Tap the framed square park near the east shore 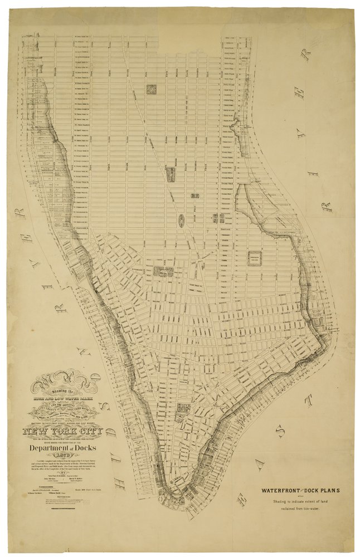(x=255, y=257)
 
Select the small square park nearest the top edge (x=151, y=89)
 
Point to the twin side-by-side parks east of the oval (x=217, y=219)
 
